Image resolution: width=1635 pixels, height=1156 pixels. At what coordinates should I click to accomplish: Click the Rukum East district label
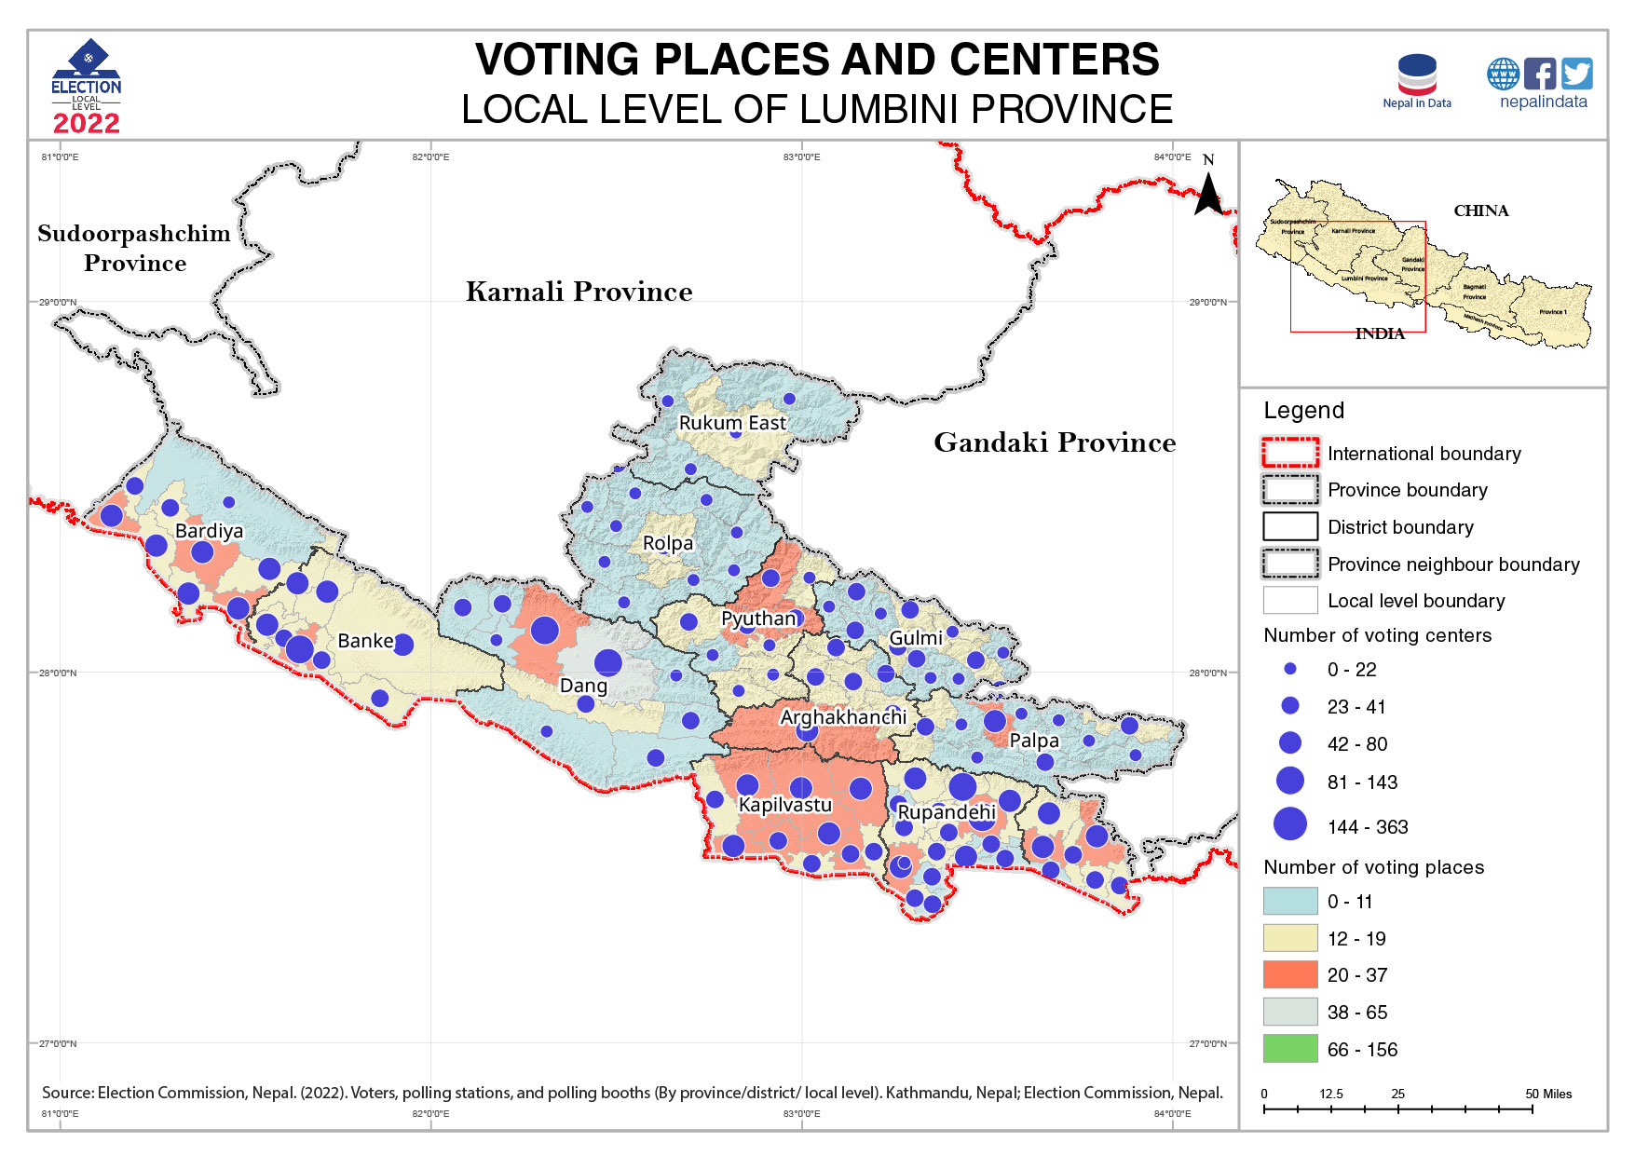coord(732,423)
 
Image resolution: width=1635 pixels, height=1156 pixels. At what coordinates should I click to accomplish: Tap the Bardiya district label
coord(209,531)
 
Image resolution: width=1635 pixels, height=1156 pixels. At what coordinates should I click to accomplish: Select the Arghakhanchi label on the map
coord(843,717)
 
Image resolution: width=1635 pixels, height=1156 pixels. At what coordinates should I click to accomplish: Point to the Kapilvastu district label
coord(784,805)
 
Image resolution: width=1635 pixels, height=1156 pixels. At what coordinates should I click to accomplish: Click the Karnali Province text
coord(579,292)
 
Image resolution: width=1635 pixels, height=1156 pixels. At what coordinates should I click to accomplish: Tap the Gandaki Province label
coord(1055,442)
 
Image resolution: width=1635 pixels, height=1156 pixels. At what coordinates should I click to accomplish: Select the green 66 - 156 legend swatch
coord(1290,1049)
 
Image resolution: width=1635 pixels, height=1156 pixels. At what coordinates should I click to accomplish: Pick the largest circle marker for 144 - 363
coord(1290,824)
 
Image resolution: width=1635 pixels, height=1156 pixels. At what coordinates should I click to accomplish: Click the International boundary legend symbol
coord(1290,453)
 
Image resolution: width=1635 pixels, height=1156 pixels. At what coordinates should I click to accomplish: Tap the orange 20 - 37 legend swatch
coord(1290,974)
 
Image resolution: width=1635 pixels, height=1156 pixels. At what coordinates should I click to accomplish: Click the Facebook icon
coord(1539,74)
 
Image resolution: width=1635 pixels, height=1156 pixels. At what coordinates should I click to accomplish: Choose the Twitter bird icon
coord(1576,74)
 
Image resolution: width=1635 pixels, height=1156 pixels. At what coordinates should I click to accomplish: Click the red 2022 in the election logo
coord(86,124)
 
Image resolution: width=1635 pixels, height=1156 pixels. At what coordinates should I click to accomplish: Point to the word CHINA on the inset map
coord(1480,211)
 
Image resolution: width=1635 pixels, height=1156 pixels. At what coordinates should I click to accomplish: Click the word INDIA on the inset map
coord(1379,333)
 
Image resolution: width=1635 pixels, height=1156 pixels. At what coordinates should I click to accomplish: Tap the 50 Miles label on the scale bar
coord(1548,1094)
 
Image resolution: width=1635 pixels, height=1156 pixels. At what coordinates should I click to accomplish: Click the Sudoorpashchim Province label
coord(134,248)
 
